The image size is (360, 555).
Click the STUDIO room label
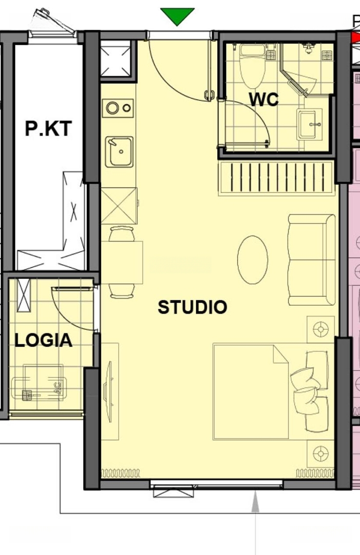(193, 307)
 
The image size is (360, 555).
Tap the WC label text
(263, 100)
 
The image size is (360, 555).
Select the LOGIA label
(44, 340)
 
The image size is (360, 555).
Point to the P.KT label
(48, 128)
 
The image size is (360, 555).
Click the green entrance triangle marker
(177, 16)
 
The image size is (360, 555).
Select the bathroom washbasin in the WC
(310, 124)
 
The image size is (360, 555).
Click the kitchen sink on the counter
(119, 152)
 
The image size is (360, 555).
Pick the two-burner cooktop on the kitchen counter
(118, 108)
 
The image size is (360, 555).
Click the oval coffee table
(253, 260)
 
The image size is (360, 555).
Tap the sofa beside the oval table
(312, 260)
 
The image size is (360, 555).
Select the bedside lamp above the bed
(321, 329)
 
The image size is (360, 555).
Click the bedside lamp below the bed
(321, 453)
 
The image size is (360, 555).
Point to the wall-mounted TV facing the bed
(108, 392)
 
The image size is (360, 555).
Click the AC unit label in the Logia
(58, 387)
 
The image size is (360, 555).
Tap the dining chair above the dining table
(121, 234)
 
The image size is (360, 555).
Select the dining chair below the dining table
(122, 291)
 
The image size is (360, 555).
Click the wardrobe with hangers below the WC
(276, 178)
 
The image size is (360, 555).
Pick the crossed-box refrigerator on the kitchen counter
(119, 206)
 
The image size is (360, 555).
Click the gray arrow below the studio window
(255, 523)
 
